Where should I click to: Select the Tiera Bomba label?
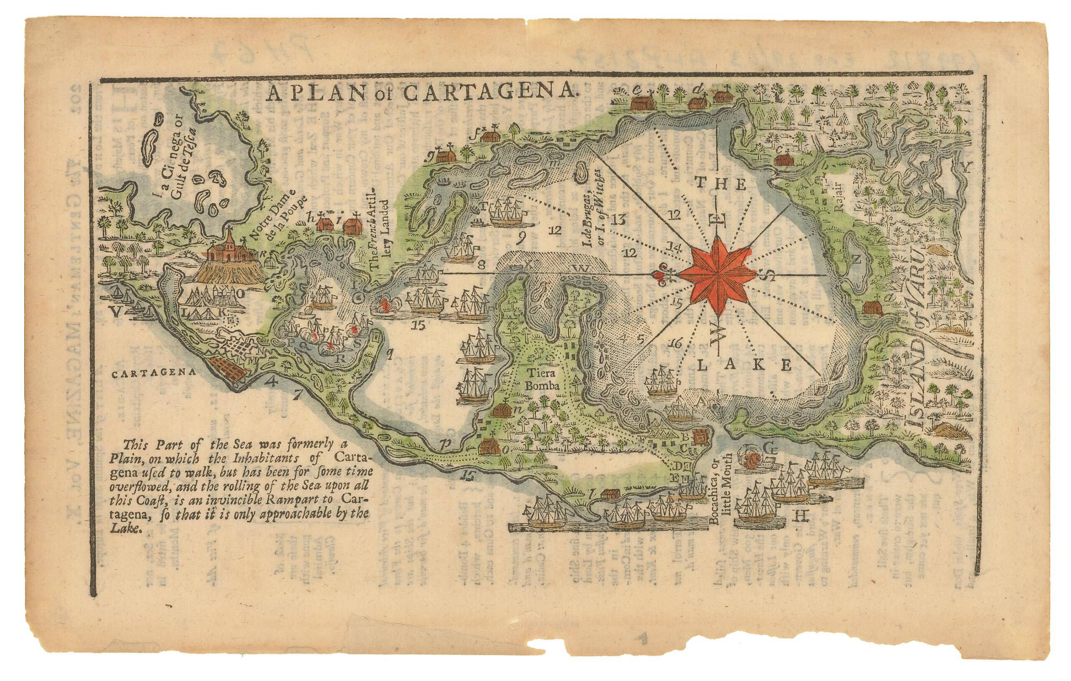tap(542, 379)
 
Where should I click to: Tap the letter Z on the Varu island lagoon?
tap(857, 260)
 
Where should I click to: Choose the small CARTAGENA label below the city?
tap(153, 374)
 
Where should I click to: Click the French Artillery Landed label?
tap(380, 234)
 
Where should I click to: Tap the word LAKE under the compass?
tap(744, 365)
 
